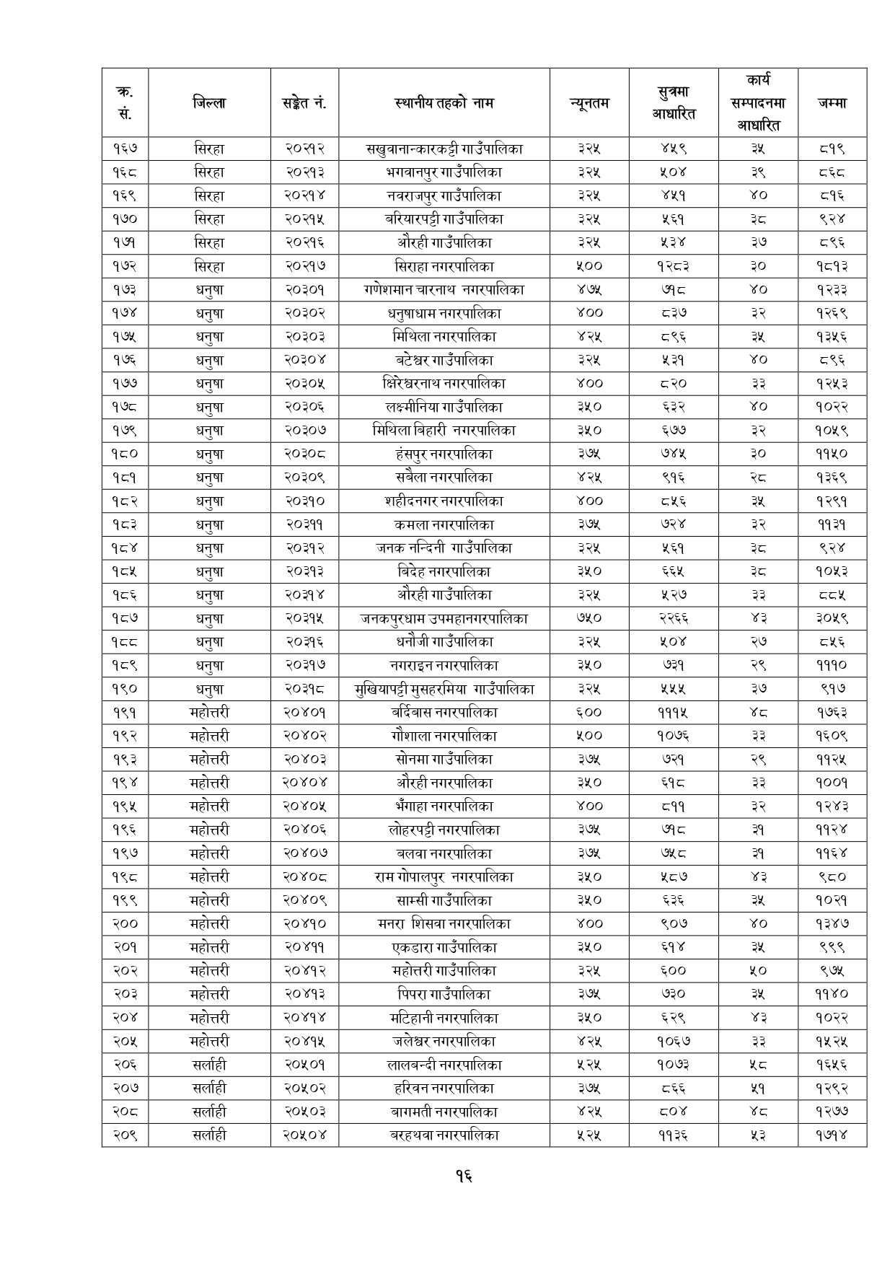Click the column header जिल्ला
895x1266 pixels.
coord(209,103)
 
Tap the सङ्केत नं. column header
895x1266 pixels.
coord(304,103)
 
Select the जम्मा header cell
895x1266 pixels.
coord(832,103)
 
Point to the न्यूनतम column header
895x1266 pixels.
coord(589,103)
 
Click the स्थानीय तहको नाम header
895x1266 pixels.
coord(444,103)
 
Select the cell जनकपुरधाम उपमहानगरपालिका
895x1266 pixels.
coord(444,618)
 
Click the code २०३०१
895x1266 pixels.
coord(304,290)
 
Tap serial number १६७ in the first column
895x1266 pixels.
coord(125,149)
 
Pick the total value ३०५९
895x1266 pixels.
coord(832,618)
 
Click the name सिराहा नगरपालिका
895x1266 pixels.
coord(444,266)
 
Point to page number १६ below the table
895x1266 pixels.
coord(464,1177)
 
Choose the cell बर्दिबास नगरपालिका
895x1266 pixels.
coord(444,713)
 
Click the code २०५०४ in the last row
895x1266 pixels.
coord(304,1135)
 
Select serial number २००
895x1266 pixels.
coord(125,923)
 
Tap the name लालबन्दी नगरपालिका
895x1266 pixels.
coord(444,1065)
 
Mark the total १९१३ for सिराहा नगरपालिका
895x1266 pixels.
coord(832,266)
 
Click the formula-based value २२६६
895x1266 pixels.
coord(673,618)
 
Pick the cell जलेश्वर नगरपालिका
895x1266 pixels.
coord(444,1041)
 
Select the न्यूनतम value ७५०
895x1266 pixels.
coord(589,618)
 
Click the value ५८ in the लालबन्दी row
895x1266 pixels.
coord(757,1065)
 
